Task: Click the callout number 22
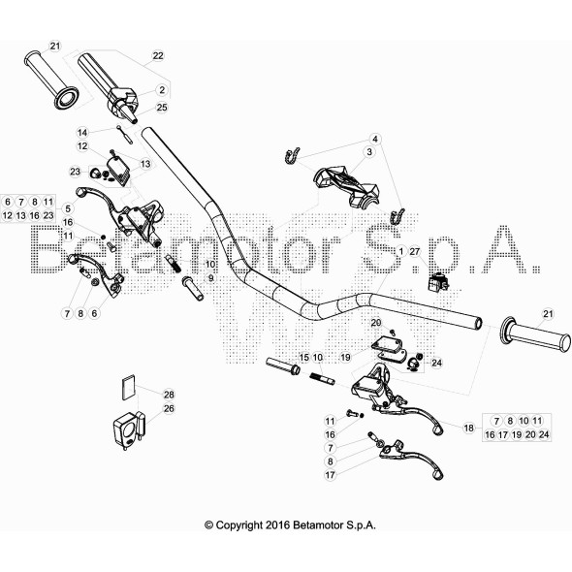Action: click(x=158, y=56)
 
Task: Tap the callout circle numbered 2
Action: click(x=162, y=90)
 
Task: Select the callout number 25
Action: click(x=162, y=108)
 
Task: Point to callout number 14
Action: click(x=82, y=133)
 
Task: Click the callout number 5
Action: click(x=68, y=208)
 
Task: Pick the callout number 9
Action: click(x=210, y=278)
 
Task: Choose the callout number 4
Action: click(x=375, y=139)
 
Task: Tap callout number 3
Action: click(x=369, y=152)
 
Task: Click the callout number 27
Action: click(x=415, y=251)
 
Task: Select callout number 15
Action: click(x=303, y=358)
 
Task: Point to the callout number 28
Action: click(x=169, y=395)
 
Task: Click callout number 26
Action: click(x=169, y=408)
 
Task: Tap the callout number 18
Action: click(x=469, y=428)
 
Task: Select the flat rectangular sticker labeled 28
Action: click(x=128, y=388)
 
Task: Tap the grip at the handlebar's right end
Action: click(x=535, y=334)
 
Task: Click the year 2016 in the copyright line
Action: click(x=277, y=525)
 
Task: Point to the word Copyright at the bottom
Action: click(x=238, y=525)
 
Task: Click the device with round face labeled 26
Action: click(x=128, y=431)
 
